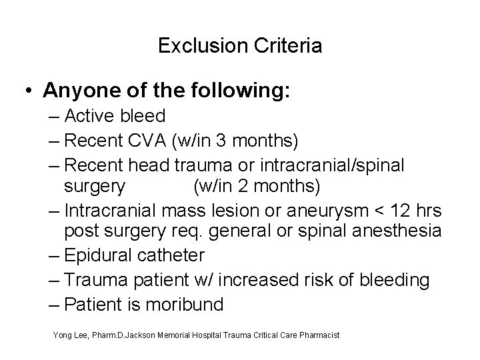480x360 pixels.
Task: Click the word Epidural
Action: pyautogui.click(x=100, y=255)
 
